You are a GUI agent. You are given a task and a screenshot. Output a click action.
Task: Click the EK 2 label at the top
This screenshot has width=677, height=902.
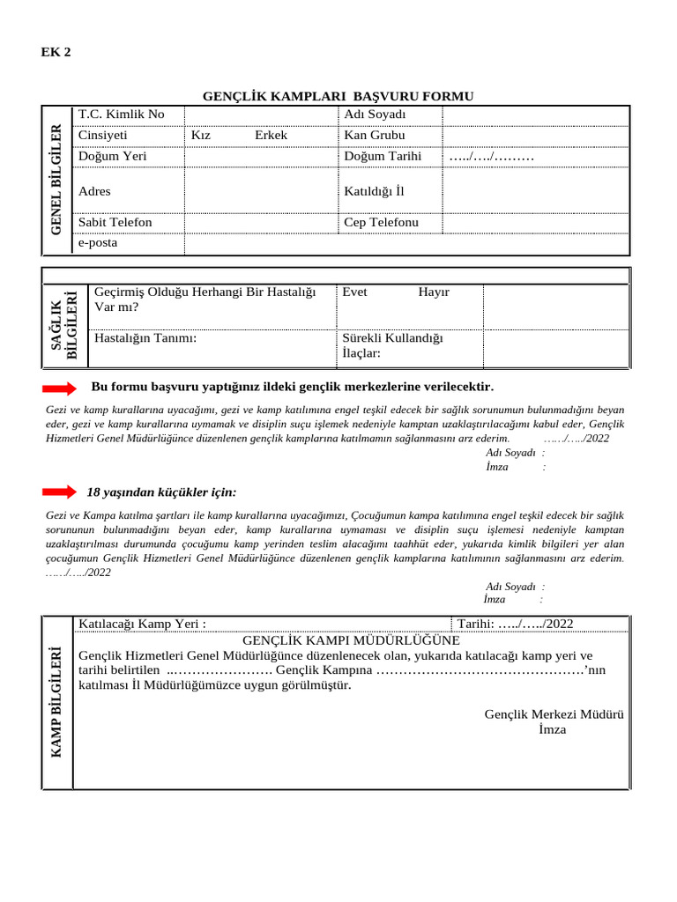pos(56,51)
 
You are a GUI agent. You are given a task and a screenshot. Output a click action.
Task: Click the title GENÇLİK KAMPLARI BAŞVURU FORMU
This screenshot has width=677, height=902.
pos(338,96)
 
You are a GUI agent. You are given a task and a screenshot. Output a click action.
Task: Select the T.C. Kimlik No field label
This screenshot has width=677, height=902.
pos(122,115)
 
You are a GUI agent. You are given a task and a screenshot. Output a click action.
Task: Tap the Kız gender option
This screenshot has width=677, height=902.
pos(201,136)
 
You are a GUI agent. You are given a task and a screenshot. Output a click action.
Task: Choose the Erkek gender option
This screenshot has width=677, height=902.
pos(271,136)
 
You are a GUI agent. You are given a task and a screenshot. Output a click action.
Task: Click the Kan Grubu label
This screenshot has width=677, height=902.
pos(375,136)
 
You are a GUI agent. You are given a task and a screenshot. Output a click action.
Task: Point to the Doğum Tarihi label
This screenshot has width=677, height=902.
pos(383,156)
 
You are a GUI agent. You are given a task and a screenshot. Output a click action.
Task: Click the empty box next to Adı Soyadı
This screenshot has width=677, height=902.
pos(535,115)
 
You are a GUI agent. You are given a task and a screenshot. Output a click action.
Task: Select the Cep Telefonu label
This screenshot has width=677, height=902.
pos(382,222)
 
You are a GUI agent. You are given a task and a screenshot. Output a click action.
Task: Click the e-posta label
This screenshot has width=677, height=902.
pos(98,242)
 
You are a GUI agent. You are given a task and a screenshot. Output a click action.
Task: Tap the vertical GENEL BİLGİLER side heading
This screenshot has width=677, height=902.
pos(57,181)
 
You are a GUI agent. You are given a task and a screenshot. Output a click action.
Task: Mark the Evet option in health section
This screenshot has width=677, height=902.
pos(355,292)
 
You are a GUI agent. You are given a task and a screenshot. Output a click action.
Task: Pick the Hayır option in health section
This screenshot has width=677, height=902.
pos(434,292)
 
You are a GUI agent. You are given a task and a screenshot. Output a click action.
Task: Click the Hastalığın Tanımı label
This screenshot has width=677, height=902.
pos(145,337)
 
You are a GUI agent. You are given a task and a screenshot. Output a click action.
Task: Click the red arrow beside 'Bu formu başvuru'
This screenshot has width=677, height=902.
pos(60,388)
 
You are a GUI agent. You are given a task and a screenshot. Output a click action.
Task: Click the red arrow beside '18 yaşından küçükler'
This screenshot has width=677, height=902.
pos(60,492)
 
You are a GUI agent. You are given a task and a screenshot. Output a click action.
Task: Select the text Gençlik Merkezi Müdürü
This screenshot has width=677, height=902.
pos(554,714)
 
